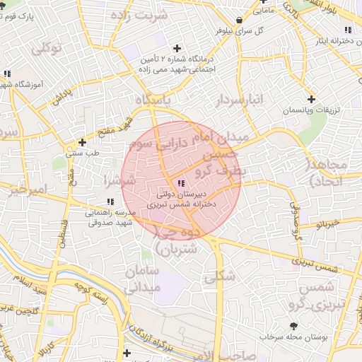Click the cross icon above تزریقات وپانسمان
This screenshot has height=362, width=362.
(311, 99)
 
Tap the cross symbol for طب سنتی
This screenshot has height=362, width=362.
(83, 141)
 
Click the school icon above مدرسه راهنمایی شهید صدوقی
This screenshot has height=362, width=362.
(110, 202)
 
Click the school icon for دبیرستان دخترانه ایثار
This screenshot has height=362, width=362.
(347, 29)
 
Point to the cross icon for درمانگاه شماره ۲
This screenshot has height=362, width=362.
(176, 48)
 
